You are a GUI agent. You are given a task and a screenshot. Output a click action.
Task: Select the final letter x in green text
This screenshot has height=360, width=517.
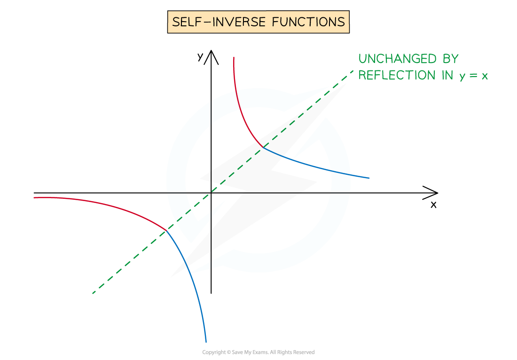(x=484, y=76)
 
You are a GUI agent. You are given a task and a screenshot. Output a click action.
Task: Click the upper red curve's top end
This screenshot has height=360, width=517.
(x=233, y=57)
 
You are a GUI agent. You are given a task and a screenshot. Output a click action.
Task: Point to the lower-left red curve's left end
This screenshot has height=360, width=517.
(x=34, y=197)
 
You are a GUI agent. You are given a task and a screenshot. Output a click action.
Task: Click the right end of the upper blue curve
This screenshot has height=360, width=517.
(x=369, y=178)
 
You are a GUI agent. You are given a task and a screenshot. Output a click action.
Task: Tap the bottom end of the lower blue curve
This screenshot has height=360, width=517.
(x=206, y=342)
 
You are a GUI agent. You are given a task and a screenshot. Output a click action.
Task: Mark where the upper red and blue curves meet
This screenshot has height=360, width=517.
(x=263, y=148)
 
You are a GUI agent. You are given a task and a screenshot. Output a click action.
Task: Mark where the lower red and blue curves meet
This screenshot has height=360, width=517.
(x=167, y=230)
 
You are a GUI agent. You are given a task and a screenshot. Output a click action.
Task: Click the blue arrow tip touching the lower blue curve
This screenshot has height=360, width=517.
(x=189, y=273)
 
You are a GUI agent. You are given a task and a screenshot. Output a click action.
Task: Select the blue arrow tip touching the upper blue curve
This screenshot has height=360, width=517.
(x=292, y=159)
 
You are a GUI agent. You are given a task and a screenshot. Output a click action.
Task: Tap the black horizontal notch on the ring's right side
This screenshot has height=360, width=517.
(x=340, y=193)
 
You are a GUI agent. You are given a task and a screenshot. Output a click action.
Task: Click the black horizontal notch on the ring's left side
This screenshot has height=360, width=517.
(x=177, y=193)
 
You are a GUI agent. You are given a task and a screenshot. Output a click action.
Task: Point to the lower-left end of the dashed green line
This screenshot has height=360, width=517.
(x=93, y=294)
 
